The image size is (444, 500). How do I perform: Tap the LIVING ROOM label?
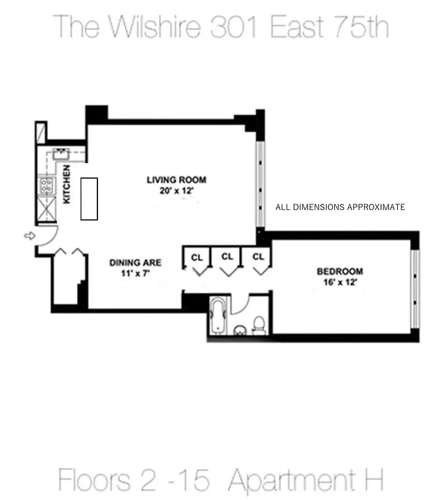[176, 180]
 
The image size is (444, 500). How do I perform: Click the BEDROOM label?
[340, 271]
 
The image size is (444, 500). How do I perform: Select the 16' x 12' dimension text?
[340, 282]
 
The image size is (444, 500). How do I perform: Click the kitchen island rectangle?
[89, 199]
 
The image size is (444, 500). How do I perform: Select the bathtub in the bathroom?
[218, 316]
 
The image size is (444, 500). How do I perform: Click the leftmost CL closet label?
[197, 257]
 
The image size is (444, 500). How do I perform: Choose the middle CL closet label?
[227, 256]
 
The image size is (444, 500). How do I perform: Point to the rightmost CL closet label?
[258, 256]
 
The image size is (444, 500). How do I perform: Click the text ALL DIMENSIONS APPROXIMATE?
[340, 207]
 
